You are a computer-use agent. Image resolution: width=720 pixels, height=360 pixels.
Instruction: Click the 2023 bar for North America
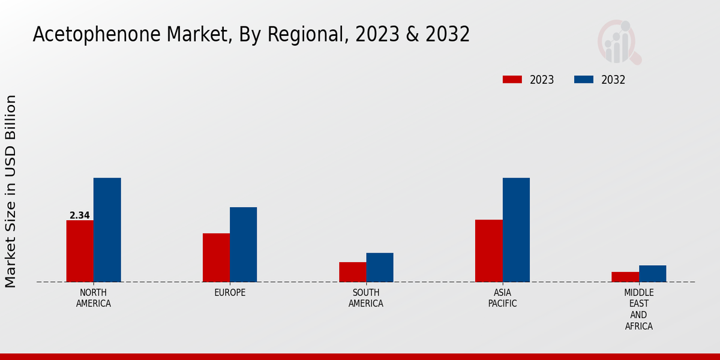pos(80,251)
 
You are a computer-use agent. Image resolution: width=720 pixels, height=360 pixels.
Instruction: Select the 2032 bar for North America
pos(107,230)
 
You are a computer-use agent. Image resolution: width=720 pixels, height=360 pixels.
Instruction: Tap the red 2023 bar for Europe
pos(216,257)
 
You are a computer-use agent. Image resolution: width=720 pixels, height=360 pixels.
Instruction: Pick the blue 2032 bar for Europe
pos(243,244)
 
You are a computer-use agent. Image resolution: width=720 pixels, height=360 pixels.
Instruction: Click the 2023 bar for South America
pos(352,272)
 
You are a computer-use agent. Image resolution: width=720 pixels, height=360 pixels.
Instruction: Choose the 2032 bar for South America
pos(380,267)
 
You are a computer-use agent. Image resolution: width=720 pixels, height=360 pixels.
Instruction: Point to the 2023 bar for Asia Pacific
pos(488,251)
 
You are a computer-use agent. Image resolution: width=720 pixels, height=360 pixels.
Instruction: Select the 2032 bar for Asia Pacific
pos(516,230)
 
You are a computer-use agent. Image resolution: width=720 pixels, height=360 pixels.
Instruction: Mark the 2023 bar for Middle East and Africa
pos(625,277)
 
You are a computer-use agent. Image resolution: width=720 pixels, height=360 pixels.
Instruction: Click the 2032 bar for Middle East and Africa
pos(652,274)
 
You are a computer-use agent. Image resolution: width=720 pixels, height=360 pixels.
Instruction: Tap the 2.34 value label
pos(80,215)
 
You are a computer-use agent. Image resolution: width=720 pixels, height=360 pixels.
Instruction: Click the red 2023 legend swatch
pos(512,80)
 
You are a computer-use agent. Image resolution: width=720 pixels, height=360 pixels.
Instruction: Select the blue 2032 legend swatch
pos(584,80)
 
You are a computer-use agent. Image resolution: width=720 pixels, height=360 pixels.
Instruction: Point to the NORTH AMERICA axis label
pos(94,298)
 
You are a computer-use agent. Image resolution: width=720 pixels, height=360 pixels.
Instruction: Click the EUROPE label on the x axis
pos(230,292)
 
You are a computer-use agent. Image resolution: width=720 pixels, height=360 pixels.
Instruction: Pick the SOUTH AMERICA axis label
pos(366,298)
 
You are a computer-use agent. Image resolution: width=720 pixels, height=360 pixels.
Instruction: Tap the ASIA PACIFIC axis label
pos(502,298)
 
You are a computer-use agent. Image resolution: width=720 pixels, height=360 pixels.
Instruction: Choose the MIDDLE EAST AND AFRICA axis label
pos(638,309)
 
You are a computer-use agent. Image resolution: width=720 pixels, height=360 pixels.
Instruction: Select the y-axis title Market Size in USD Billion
pos(11,191)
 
